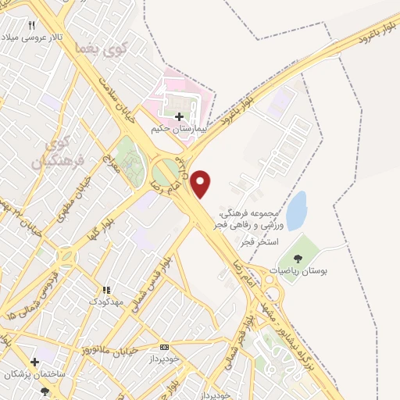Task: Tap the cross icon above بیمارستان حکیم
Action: pyautogui.click(x=180, y=116)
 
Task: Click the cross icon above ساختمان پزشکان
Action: pyautogui.click(x=34, y=362)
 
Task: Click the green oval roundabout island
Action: pyautogui.click(x=165, y=173)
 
